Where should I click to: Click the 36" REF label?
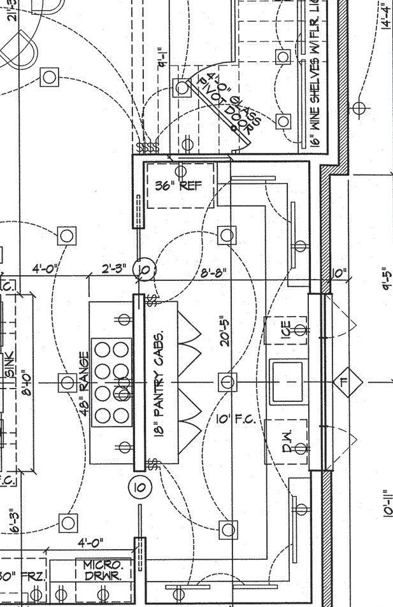[178, 185]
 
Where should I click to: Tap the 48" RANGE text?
[83, 383]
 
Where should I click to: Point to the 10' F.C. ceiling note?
[236, 419]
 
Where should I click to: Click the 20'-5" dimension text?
[224, 331]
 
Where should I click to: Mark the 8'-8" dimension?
[213, 273]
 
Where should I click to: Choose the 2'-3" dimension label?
[115, 269]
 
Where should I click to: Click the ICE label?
[286, 329]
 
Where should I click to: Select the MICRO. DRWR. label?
[107, 569]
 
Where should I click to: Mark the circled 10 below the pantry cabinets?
[139, 487]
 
